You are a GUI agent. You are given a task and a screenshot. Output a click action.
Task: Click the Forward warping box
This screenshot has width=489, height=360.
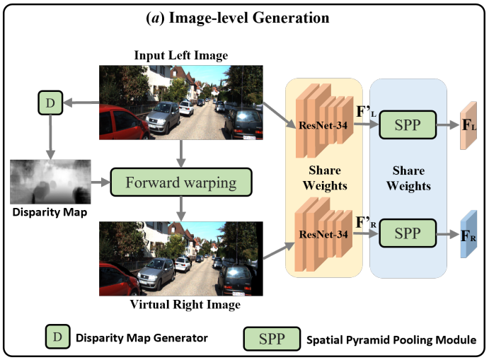click(180, 182)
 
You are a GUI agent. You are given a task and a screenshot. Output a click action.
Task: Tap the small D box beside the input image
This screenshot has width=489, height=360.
click(49, 104)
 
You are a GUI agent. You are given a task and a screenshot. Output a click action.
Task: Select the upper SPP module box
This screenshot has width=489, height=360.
click(407, 125)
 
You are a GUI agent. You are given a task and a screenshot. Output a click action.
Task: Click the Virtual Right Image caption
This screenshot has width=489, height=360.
click(185, 305)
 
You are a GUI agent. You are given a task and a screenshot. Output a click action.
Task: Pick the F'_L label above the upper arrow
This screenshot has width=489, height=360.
click(367, 111)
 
